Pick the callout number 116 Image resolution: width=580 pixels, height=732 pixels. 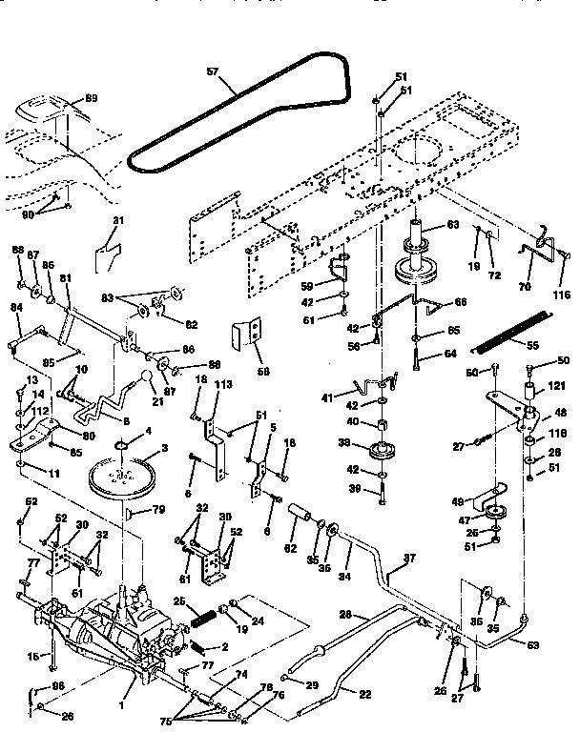pos(562,295)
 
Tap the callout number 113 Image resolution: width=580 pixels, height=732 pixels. pos(224,385)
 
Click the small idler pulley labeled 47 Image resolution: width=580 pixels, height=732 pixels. pos(494,516)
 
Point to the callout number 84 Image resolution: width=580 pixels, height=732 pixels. pos(15,307)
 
